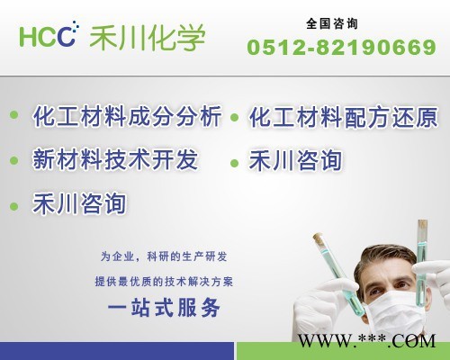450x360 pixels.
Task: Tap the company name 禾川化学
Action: [x=147, y=38]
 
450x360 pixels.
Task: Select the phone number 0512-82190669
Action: [x=341, y=47]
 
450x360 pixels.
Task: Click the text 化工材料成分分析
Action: [x=127, y=118]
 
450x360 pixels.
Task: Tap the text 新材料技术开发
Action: [x=115, y=160]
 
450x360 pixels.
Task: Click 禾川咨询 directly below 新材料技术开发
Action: [x=79, y=202]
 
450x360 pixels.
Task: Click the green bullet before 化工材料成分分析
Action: [x=13, y=115]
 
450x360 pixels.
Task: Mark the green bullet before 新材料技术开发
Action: [x=13, y=162]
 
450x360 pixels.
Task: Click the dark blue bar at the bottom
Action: [x=117, y=351]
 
